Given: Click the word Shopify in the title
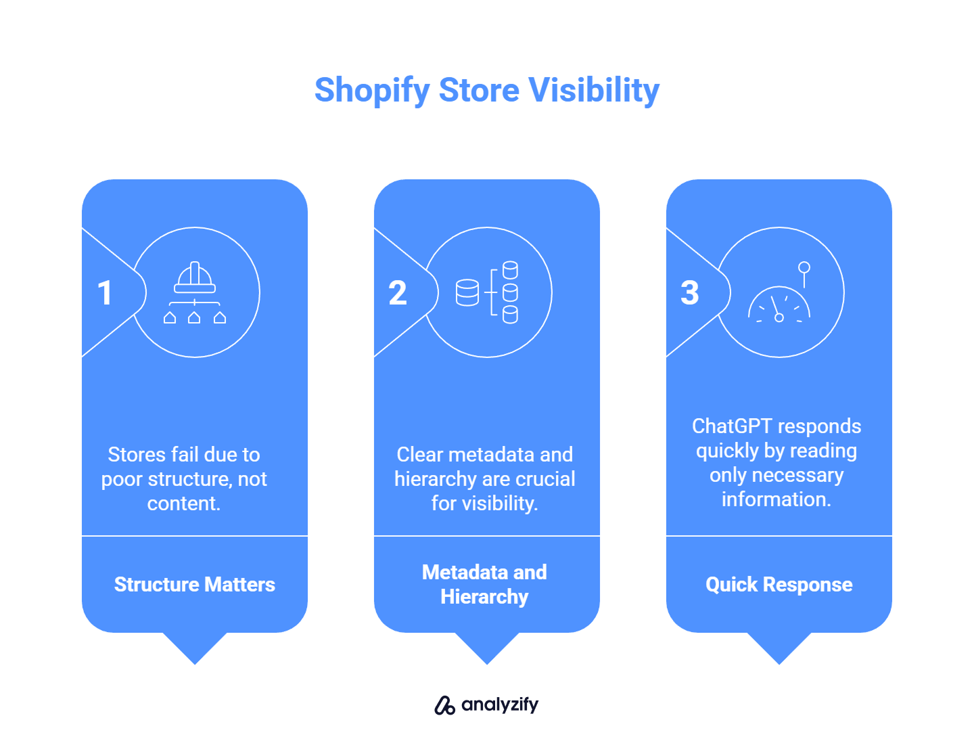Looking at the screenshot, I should [372, 91].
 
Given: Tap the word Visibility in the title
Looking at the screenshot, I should [593, 91].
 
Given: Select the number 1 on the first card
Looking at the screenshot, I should [105, 293].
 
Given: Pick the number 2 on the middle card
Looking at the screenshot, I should [398, 293].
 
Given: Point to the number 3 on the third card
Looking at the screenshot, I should [689, 293].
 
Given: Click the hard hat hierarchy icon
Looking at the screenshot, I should [195, 292].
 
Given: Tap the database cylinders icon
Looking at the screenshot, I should [488, 292].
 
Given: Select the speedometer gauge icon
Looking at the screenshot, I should [780, 298].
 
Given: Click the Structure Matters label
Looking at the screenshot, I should [195, 585].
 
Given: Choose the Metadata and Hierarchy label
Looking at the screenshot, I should [485, 585].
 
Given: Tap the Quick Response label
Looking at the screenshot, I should [779, 585].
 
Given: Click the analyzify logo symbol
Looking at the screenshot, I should [444, 705].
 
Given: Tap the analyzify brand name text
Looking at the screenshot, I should [500, 705].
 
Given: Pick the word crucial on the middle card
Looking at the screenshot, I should [545, 479].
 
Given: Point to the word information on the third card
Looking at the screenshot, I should [776, 499].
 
